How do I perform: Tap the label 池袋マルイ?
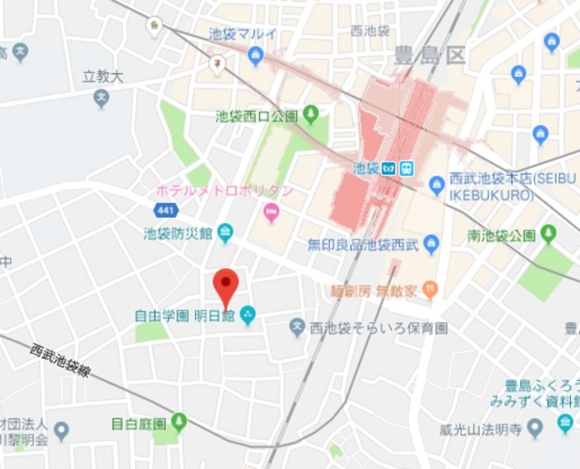[x=243, y=34]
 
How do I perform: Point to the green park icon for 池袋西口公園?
[x=311, y=115]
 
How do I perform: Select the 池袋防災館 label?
[x=177, y=233]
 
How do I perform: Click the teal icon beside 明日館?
[x=247, y=316]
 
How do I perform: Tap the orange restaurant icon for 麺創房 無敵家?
[x=430, y=291]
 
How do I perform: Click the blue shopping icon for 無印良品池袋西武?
[x=431, y=243]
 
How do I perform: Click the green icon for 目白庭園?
[x=179, y=422]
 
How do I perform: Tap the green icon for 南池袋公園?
[x=547, y=235]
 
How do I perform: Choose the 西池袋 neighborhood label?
[x=370, y=30]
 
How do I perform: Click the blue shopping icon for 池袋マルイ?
[x=256, y=57]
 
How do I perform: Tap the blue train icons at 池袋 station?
[x=396, y=168]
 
